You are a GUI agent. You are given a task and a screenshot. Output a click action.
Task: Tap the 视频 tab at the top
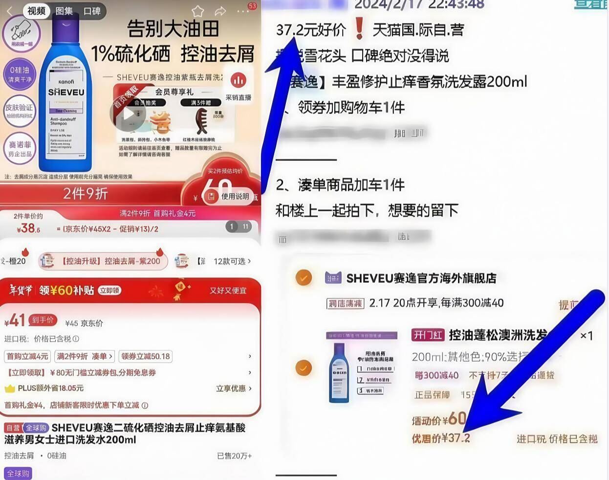(x=37, y=11)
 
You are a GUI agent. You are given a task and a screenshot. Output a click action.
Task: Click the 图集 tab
(x=64, y=11)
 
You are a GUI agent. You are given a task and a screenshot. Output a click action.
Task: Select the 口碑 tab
(x=92, y=11)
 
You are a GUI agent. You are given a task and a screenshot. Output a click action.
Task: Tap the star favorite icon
(x=197, y=11)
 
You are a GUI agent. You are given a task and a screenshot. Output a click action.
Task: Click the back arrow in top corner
(x=9, y=11)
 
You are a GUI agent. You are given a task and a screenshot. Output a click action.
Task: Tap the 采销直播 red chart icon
(x=239, y=80)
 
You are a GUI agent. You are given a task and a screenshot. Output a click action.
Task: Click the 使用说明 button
(x=230, y=196)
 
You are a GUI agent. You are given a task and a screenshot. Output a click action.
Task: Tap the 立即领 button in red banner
(x=109, y=290)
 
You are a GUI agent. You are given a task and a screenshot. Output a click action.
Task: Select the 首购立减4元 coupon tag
(x=27, y=356)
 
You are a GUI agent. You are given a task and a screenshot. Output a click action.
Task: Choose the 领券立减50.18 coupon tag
(x=146, y=356)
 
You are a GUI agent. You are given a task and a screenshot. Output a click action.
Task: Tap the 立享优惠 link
(x=234, y=389)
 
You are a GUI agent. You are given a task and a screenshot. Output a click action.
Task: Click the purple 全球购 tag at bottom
(x=18, y=473)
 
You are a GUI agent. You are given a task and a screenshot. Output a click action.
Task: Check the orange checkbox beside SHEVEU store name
(x=304, y=278)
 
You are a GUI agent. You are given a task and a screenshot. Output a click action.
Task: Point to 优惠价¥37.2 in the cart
(x=440, y=438)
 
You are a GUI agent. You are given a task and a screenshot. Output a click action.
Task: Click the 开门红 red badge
(x=427, y=335)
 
